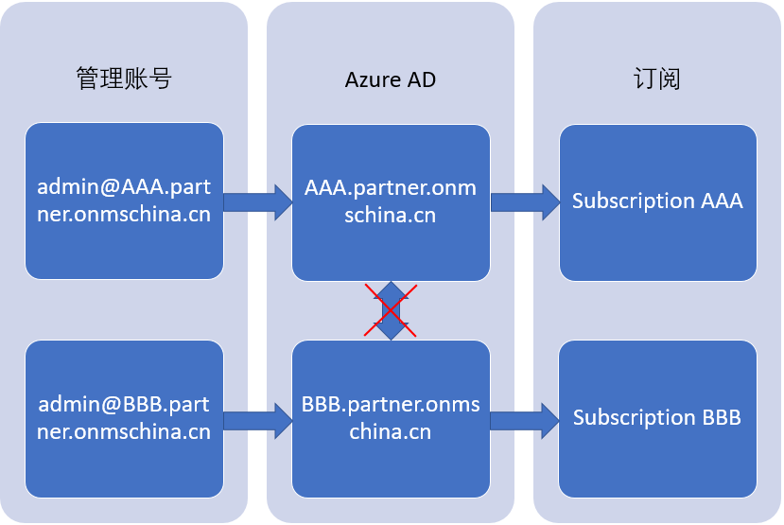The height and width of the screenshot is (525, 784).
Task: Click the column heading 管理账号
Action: pos(124,79)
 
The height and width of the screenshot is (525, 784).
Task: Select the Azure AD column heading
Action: pos(391,79)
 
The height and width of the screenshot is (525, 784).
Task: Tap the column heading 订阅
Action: pos(657,79)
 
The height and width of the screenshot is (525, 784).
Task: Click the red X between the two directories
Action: pos(391,309)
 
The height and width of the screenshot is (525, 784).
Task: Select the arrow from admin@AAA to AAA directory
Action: pos(257,201)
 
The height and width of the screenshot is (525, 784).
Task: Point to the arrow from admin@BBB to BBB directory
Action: pos(257,418)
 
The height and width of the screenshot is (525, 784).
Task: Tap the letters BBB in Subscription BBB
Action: pos(721,418)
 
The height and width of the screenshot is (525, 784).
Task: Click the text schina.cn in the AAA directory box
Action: pos(391,215)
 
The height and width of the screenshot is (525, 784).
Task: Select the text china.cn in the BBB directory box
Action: pos(391,432)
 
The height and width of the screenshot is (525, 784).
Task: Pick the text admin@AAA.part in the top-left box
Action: pos(124,187)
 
